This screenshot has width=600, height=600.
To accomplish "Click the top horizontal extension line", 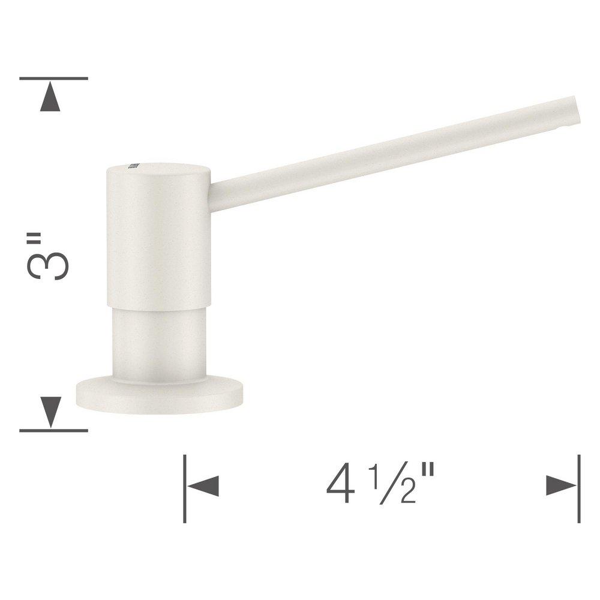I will (x=53, y=79).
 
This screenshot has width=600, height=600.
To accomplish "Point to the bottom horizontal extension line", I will (x=53, y=430).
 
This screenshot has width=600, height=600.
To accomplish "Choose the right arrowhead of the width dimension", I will (x=562, y=485).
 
